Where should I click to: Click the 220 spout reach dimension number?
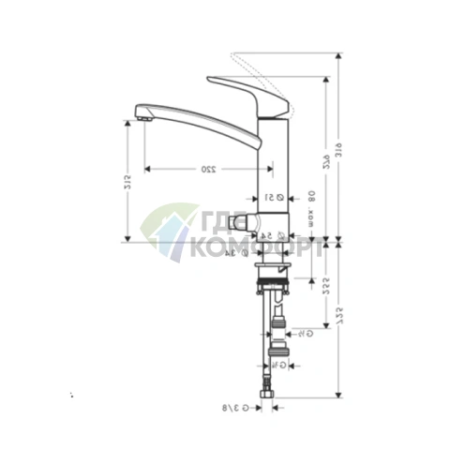[x=206, y=170]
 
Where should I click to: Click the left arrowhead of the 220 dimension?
[x=146, y=170]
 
